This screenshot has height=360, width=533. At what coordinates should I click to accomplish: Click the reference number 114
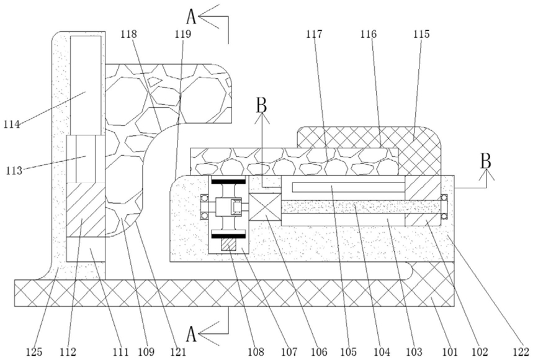tap(12, 124)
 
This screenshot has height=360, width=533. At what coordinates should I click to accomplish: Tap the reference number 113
tap(14, 170)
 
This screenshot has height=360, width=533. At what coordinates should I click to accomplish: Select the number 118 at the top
tap(128, 34)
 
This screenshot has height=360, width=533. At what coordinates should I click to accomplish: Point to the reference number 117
tap(314, 34)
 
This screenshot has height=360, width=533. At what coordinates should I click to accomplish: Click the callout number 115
tap(421, 34)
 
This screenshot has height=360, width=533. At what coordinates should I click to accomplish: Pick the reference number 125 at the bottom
tap(34, 352)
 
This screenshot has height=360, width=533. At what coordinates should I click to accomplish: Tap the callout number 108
tap(255, 352)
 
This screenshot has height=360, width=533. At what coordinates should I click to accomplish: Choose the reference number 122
tap(521, 352)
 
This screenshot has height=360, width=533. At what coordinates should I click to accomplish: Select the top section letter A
tap(192, 16)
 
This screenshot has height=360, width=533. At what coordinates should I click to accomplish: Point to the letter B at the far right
tap(486, 161)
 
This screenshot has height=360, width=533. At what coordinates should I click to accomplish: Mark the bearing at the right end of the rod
tap(444, 207)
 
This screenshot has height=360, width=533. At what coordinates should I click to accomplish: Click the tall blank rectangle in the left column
tap(86, 85)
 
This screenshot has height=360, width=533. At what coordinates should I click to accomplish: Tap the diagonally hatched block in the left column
tap(86, 210)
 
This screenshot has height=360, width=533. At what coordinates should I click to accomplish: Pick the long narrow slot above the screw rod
tap(348, 187)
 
